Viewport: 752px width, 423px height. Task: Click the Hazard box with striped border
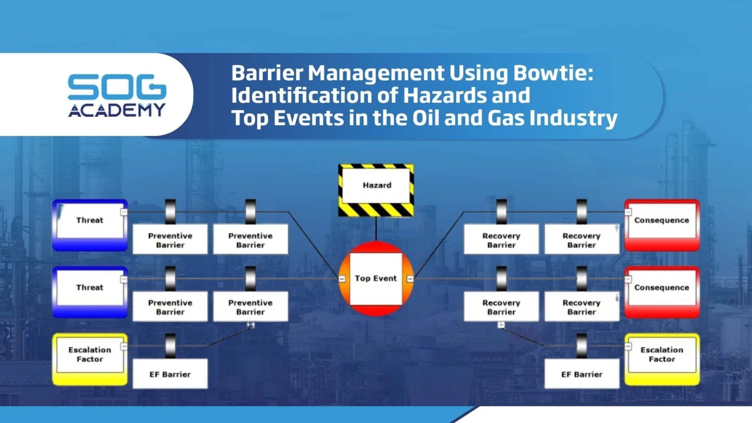click(376, 190)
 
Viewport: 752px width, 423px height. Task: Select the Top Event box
click(376, 279)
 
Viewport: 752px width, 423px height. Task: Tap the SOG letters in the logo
click(117, 87)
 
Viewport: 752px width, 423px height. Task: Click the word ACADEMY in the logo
click(117, 110)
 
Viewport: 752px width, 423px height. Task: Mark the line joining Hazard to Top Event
click(376, 229)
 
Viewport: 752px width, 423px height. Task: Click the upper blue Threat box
click(90, 225)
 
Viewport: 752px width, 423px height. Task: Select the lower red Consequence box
click(662, 292)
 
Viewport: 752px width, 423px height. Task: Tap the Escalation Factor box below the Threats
click(90, 359)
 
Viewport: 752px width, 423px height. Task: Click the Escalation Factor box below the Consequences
click(662, 359)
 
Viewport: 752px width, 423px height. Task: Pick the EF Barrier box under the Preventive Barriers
click(170, 374)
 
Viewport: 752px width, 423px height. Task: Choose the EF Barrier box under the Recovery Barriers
click(582, 374)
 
